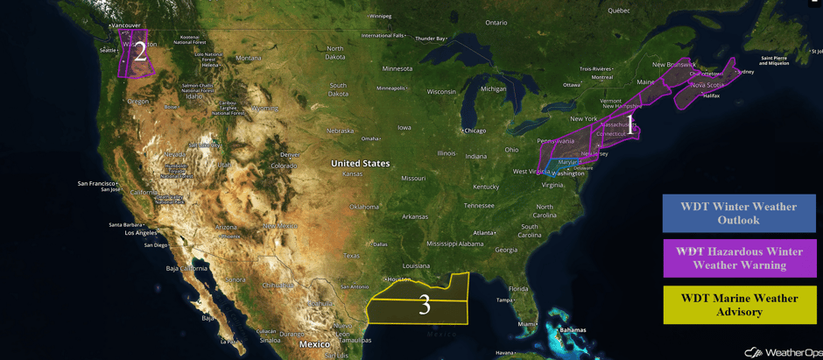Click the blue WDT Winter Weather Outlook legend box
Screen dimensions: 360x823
(x=739, y=213)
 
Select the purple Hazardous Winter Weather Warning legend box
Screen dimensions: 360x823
(x=739, y=258)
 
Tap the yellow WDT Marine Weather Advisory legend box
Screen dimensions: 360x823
(x=739, y=305)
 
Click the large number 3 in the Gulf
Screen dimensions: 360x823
(x=425, y=305)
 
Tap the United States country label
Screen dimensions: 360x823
(x=360, y=164)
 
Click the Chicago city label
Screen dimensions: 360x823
(x=475, y=131)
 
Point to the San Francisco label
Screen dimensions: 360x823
(x=95, y=184)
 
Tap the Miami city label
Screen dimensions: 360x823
(x=525, y=324)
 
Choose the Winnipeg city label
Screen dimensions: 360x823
(x=380, y=16)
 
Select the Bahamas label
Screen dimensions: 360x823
(x=573, y=330)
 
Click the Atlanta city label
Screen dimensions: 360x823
(x=482, y=233)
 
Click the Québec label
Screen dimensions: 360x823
(x=619, y=11)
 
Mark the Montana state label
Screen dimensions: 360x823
(x=249, y=59)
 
